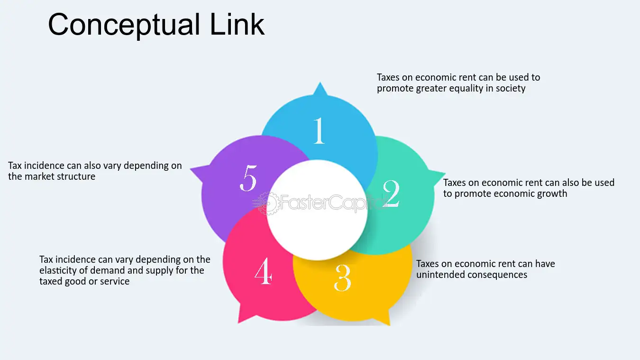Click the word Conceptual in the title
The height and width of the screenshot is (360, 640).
pyautogui.click(x=124, y=25)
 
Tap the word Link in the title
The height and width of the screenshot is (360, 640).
pyautogui.click(x=237, y=24)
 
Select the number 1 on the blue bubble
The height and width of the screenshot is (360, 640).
pyautogui.click(x=319, y=130)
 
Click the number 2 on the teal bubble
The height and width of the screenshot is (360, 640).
pyautogui.click(x=391, y=194)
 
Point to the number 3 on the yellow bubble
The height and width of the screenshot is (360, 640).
pyautogui.click(x=342, y=278)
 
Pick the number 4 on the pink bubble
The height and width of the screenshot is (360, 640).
pyautogui.click(x=263, y=270)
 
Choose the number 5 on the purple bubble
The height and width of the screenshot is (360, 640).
pyautogui.click(x=248, y=178)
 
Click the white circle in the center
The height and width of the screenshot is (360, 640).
pyautogui.click(x=317, y=210)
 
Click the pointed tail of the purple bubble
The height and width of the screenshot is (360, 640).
pyautogui.click(x=191, y=169)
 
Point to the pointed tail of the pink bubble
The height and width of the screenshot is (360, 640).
pyautogui.click(x=238, y=323)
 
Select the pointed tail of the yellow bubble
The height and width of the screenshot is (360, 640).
pyautogui.click(x=389, y=324)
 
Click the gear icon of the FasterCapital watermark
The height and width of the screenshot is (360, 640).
pyautogui.click(x=268, y=203)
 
